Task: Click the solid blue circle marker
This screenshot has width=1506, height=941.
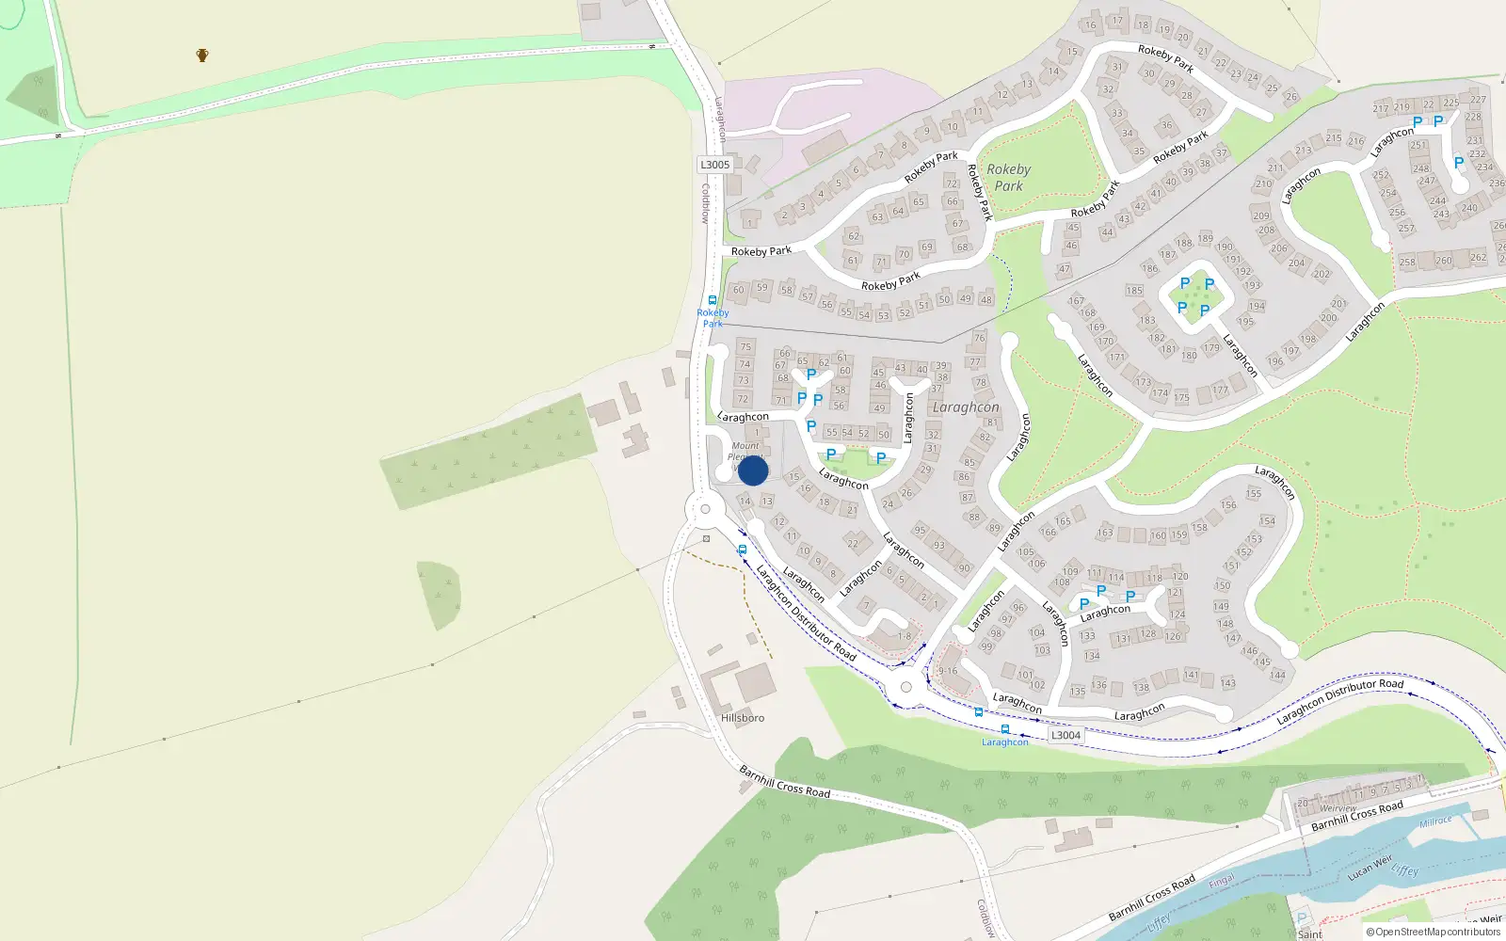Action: pyautogui.click(x=753, y=470)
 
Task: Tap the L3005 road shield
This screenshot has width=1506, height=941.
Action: pyautogui.click(x=714, y=165)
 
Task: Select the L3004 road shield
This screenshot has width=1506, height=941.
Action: pyautogui.click(x=1065, y=736)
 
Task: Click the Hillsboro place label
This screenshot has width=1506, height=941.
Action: pyautogui.click(x=743, y=718)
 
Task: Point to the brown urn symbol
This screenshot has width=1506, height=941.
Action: pyautogui.click(x=202, y=56)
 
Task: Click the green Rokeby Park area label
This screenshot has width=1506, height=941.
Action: pyautogui.click(x=1008, y=178)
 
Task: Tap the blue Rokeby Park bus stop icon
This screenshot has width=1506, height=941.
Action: pyautogui.click(x=713, y=301)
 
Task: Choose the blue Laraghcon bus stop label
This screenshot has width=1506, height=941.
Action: pyautogui.click(x=1004, y=742)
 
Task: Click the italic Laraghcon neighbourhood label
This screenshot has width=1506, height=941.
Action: pyautogui.click(x=965, y=407)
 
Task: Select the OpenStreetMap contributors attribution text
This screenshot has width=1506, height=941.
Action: pyautogui.click(x=1433, y=933)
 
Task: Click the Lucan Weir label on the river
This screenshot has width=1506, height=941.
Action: pyautogui.click(x=1370, y=867)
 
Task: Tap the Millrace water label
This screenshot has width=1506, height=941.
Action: pyautogui.click(x=1435, y=821)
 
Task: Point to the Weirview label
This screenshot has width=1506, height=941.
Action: pyautogui.click(x=1338, y=808)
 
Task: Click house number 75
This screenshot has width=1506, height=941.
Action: pyautogui.click(x=745, y=347)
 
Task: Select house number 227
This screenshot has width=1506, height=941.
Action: pyautogui.click(x=1478, y=100)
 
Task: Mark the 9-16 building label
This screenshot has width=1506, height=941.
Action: pyautogui.click(x=947, y=671)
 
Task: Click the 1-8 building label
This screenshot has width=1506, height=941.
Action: pyautogui.click(x=904, y=636)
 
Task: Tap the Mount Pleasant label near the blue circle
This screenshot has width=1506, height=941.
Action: pyautogui.click(x=745, y=451)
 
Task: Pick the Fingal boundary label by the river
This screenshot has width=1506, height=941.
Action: pyautogui.click(x=1221, y=882)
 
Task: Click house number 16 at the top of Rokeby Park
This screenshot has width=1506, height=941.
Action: pyautogui.click(x=1091, y=25)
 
